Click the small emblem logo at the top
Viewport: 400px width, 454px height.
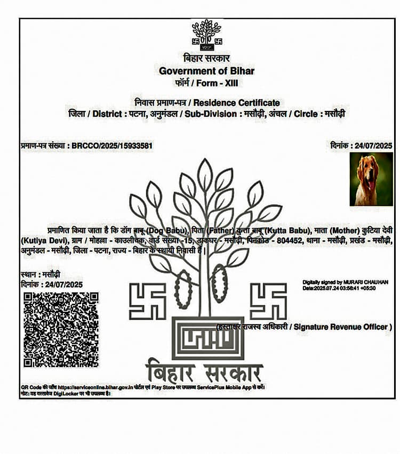206,35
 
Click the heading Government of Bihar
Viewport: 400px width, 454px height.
207,71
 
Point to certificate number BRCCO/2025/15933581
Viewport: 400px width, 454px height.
113,145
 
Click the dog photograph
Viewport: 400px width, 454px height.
371,179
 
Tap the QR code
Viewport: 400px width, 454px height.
61,329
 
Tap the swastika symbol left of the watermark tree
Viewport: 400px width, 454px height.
148,301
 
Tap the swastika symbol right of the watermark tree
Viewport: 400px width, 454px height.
268,301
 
